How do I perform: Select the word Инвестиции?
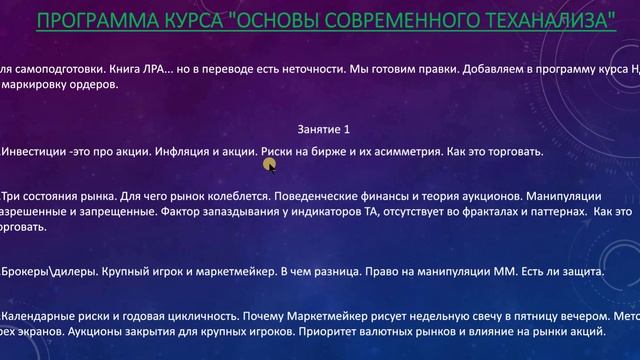(35, 152)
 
